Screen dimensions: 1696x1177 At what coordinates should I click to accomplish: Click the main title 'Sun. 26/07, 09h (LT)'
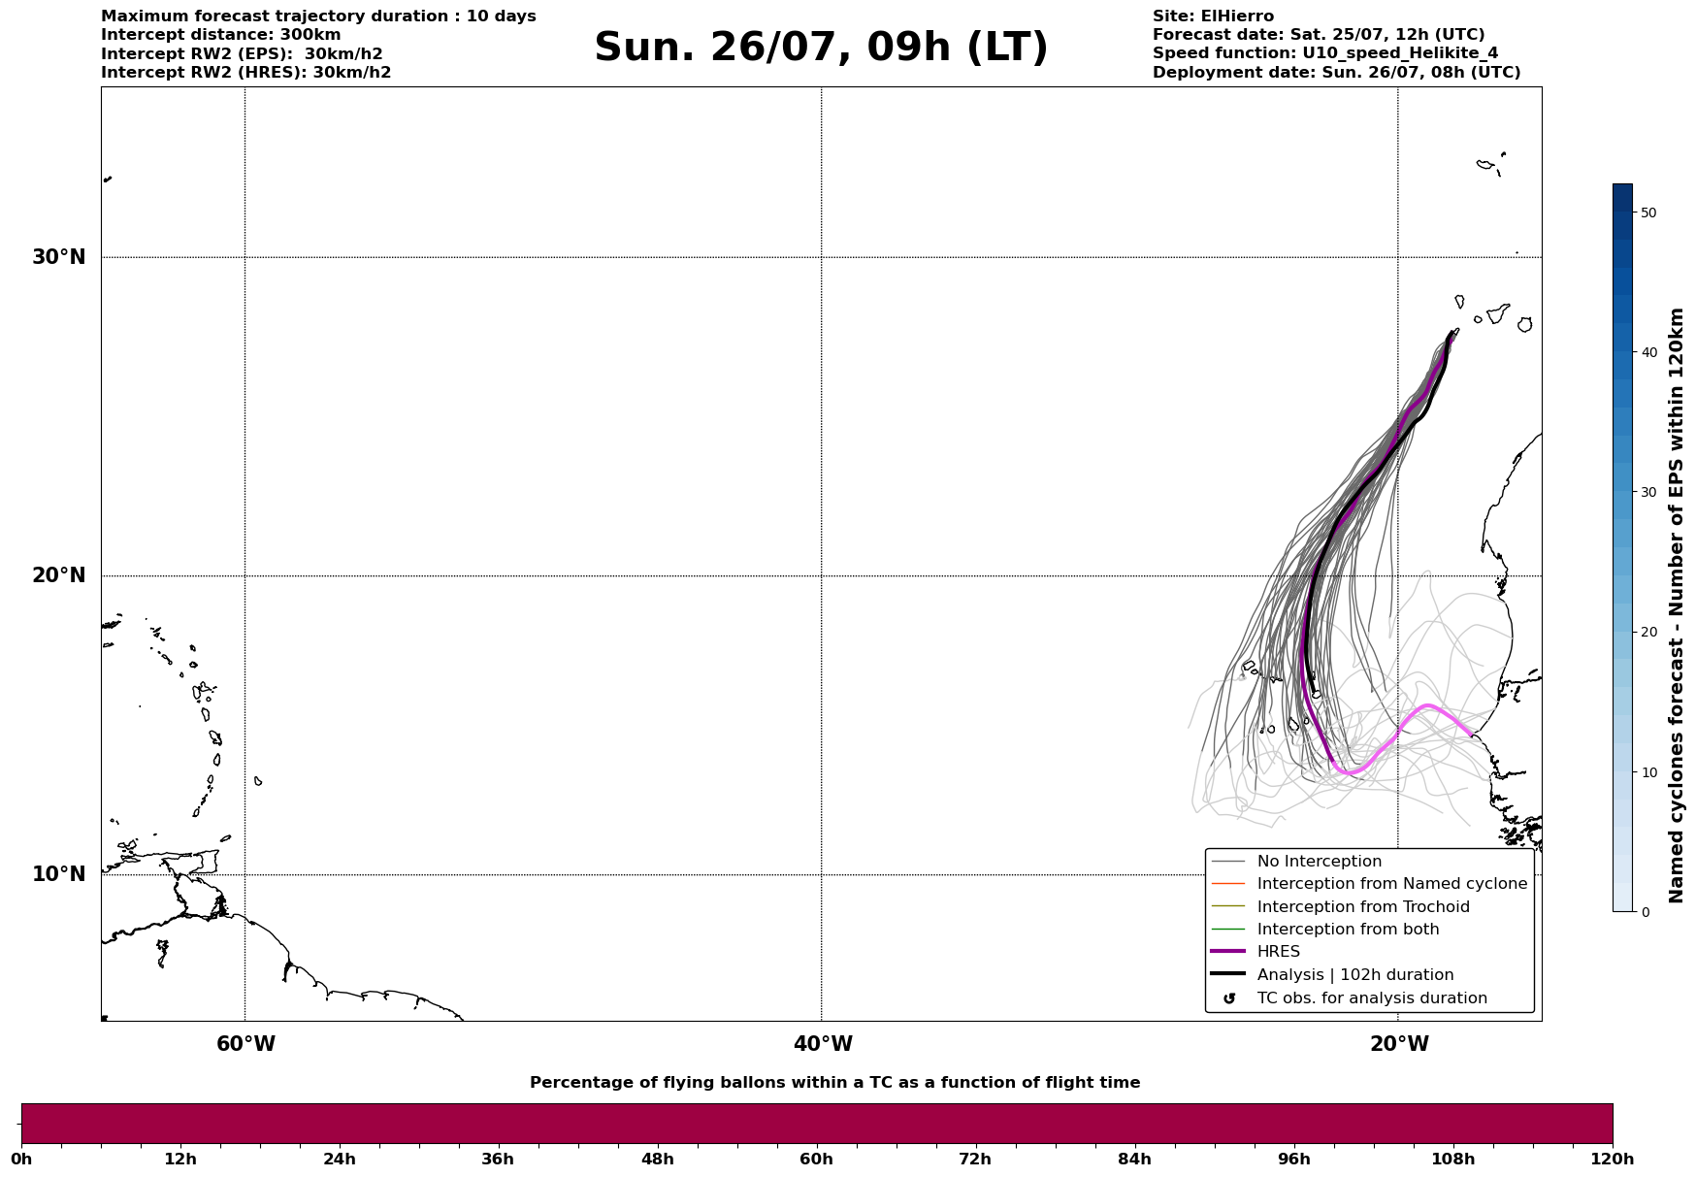821,48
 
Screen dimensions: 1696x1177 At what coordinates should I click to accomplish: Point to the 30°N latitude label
58,257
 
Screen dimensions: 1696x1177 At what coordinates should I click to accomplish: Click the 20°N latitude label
58,575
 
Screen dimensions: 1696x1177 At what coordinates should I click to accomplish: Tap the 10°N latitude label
58,874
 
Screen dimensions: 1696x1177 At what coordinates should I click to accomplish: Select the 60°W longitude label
245,1044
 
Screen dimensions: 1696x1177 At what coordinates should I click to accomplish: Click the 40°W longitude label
823,1044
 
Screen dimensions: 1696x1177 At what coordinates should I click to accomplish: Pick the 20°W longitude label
1399,1044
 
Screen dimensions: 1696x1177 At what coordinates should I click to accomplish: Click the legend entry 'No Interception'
1319,862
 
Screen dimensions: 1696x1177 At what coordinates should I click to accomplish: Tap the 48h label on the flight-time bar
657,1159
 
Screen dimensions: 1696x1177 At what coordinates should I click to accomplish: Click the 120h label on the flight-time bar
1612,1159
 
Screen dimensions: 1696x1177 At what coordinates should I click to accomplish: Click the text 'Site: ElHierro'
1213,16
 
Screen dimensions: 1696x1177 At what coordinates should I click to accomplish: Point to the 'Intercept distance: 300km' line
221,35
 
